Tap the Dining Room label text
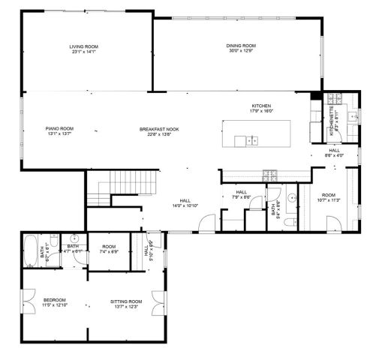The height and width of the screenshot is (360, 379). coord(242,46)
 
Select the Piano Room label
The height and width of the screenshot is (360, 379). coord(59,129)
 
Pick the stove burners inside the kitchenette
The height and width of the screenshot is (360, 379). coord(335,98)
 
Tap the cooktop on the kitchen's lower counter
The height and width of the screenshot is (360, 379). coord(270,175)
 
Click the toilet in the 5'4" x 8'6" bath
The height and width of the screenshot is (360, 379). coord(296,223)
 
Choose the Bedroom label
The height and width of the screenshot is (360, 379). coord(55,301)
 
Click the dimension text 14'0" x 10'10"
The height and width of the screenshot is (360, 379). coord(185,205)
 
